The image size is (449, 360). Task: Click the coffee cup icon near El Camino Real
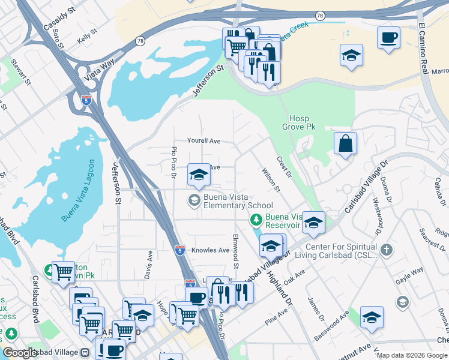click(x=388, y=38)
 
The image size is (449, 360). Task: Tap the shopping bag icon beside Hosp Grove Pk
click(x=345, y=143)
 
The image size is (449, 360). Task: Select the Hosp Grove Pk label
click(x=299, y=122)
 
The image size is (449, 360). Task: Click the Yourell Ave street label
click(x=203, y=141)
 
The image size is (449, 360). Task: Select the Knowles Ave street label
click(x=211, y=250)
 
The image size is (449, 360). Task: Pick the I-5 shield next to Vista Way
click(x=86, y=100)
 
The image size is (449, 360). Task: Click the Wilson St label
click(x=271, y=180)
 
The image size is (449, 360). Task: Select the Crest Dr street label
click(x=283, y=167)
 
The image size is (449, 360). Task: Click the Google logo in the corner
click(x=20, y=353)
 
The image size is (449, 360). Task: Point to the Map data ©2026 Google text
click(x=411, y=355)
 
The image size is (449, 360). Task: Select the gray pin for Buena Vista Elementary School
click(x=194, y=200)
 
